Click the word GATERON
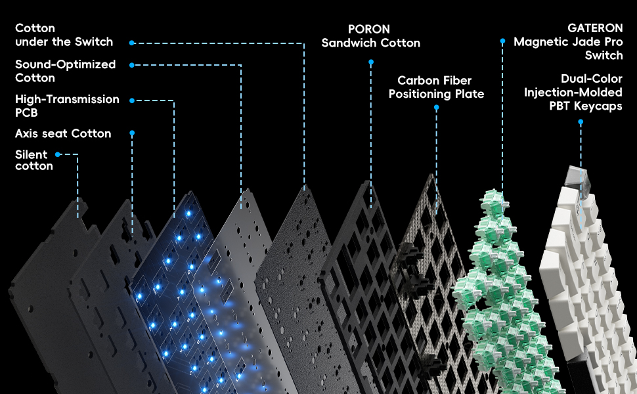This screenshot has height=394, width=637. pyautogui.click(x=595, y=28)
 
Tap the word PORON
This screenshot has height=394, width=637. pyautogui.click(x=369, y=30)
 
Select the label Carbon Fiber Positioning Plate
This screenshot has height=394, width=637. pyautogui.click(x=436, y=87)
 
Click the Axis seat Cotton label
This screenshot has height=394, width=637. pyautogui.click(x=63, y=134)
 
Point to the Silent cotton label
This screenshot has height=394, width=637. pyautogui.click(x=34, y=160)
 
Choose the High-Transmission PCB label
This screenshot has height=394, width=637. pyautogui.click(x=67, y=106)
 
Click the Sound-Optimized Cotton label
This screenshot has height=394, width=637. pyautogui.click(x=66, y=71)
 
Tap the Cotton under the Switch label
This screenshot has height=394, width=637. pyautogui.click(x=64, y=35)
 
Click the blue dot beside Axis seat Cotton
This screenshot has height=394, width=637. pyautogui.click(x=132, y=133)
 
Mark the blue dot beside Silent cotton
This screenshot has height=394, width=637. pyautogui.click(x=58, y=154)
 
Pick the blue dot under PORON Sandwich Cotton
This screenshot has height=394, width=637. pyautogui.click(x=371, y=62)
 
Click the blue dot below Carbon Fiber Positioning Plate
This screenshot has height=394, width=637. pyautogui.click(x=436, y=108)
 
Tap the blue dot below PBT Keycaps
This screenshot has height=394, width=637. pyautogui.click(x=581, y=122)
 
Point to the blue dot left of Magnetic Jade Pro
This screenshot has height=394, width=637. pyautogui.click(x=502, y=41)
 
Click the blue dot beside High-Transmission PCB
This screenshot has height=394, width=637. pyautogui.click(x=132, y=100)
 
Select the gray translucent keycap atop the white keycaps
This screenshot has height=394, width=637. pyautogui.click(x=577, y=178)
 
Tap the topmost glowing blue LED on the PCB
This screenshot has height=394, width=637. pyautogui.click(x=188, y=213)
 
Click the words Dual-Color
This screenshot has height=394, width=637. pyautogui.click(x=592, y=79)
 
